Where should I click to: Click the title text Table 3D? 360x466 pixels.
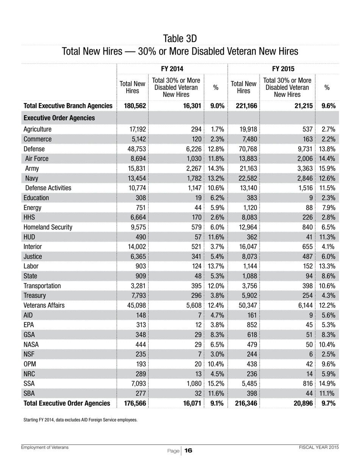point(180,39)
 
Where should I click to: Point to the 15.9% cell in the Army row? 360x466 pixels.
point(328,168)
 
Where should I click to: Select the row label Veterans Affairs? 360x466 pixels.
point(44,305)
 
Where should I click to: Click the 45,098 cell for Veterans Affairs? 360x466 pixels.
point(135,305)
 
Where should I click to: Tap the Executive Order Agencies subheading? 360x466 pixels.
point(59,118)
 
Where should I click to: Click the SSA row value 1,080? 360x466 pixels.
point(194,383)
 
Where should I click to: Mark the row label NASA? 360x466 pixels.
point(31,344)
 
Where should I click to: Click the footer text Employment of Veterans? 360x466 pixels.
point(45,447)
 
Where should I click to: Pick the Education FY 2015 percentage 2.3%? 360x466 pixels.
point(328,198)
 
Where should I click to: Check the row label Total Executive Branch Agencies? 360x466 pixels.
point(68,106)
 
